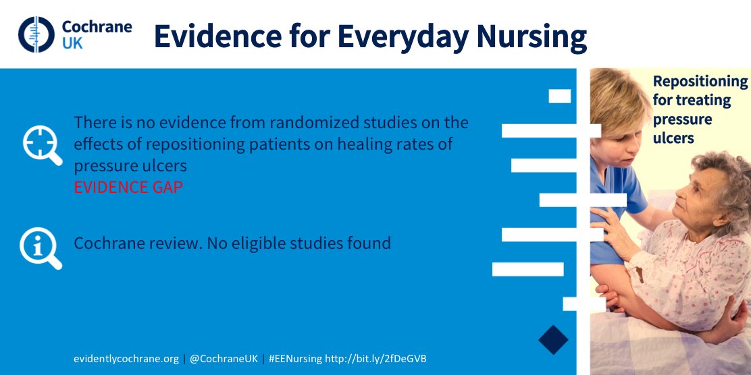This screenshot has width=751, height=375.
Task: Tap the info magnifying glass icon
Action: (40, 248)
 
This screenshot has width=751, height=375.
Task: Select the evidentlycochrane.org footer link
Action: (126, 358)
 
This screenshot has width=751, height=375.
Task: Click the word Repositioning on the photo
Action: (700, 82)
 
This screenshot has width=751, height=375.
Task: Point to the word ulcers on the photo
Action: (674, 138)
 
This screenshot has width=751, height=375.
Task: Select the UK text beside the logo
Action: (72, 44)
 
